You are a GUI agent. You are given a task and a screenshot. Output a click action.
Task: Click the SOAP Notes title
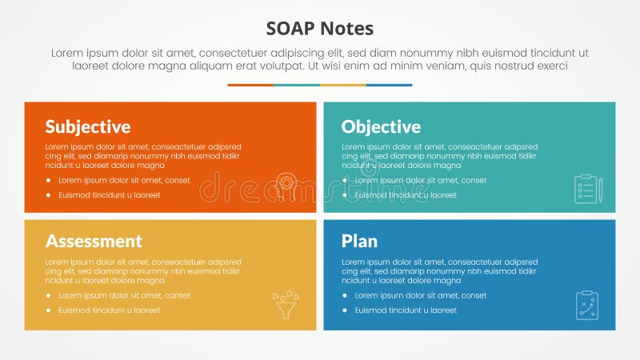click(319, 29)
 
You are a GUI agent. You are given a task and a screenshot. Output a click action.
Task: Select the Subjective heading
click(88, 126)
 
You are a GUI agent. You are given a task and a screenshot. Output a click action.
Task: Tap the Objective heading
click(381, 126)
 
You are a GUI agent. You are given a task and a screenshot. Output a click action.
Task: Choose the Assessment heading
click(94, 241)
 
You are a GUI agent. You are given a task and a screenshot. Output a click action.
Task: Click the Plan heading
click(359, 241)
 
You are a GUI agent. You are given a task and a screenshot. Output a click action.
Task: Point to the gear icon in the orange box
click(286, 183)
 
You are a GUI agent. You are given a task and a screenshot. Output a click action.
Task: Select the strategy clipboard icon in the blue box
click(587, 305)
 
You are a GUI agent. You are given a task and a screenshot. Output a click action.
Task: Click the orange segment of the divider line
click(250, 85)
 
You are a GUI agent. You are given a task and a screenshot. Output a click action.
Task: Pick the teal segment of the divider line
click(297, 85)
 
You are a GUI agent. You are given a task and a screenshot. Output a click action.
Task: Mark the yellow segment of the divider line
click(343, 85)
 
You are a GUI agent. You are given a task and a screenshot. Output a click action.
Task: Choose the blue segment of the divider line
click(390, 85)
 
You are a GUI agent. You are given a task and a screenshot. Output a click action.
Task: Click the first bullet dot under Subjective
click(49, 181)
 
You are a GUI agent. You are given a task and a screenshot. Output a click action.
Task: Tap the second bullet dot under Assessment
click(49, 310)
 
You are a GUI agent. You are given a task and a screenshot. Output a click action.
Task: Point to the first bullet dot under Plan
click(345, 296)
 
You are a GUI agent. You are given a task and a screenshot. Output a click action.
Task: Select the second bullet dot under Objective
click(345, 195)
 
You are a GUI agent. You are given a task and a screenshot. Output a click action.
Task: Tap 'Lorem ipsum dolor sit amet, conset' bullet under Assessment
click(124, 296)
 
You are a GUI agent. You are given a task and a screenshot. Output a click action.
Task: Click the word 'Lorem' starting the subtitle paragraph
click(66, 52)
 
